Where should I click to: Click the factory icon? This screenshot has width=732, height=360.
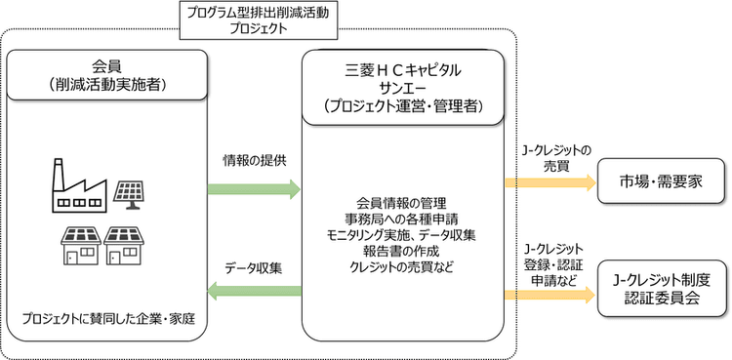pyautogui.click(x=80, y=184)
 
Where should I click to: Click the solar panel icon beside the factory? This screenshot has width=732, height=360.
pyautogui.click(x=132, y=190)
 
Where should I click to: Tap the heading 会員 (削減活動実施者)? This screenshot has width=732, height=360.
pyautogui.click(x=108, y=76)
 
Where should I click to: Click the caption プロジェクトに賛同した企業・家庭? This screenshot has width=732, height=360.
pyautogui.click(x=109, y=319)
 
